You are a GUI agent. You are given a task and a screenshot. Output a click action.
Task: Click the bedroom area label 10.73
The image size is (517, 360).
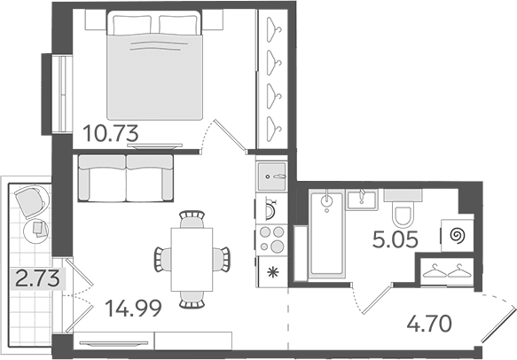(111, 134)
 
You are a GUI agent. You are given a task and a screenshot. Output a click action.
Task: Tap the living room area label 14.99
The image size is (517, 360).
(133, 309)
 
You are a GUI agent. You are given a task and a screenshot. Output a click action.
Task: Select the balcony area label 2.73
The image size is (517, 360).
(38, 279)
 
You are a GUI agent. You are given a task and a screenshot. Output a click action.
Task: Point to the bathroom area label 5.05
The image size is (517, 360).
(396, 239)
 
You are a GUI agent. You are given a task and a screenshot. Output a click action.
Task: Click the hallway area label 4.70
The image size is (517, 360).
(429, 324)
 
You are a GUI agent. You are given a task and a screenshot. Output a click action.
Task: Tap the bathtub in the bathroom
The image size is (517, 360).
(326, 234)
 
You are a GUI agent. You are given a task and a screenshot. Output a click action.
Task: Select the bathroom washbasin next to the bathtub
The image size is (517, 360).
(362, 200)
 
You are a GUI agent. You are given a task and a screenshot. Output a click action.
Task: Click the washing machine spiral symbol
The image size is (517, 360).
(458, 236)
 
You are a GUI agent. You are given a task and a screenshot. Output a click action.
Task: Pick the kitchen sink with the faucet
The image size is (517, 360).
(271, 176)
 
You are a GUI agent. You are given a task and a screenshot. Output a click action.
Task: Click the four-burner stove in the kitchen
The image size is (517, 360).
(271, 239)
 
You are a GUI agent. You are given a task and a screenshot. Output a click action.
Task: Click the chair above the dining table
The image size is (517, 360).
(192, 219)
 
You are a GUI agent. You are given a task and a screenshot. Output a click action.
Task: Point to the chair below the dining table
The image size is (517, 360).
(192, 300)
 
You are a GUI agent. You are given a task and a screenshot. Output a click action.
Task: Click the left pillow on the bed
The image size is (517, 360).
(132, 24)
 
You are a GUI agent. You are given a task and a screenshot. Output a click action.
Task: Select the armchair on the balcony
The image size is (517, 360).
(31, 201)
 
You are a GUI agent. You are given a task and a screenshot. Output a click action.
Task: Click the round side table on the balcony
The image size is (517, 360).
(36, 231)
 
